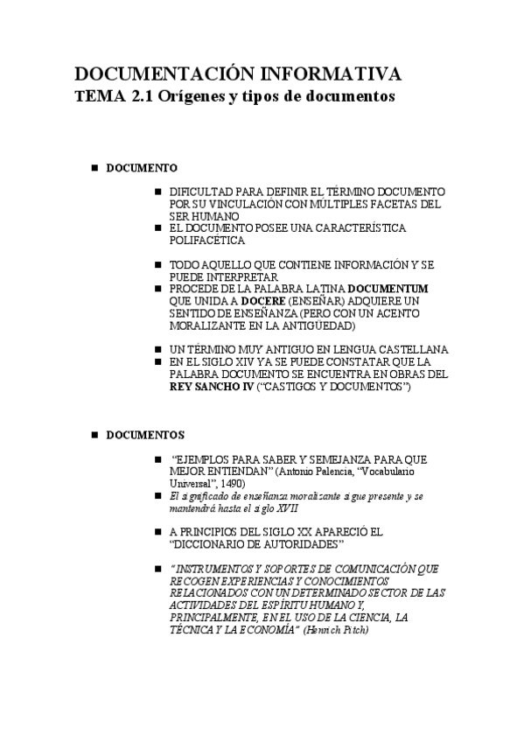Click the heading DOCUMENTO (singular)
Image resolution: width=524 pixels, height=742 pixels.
(142, 167)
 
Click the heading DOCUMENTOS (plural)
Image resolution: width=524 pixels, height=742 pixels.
(145, 434)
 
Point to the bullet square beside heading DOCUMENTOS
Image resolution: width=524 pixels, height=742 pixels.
(94, 434)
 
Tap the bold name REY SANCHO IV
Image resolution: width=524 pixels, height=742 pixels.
(210, 386)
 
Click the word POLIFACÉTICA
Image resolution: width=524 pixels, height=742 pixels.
(207, 241)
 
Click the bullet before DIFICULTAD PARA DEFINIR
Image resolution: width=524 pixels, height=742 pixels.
(157, 191)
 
